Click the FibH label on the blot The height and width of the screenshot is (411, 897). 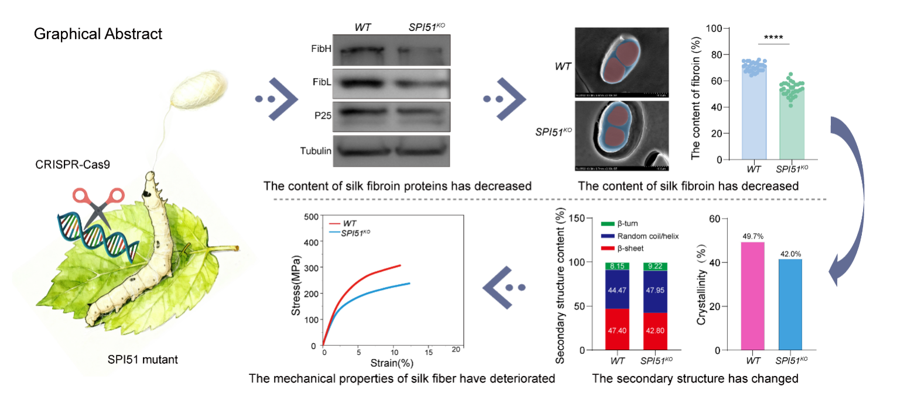[x=321, y=49]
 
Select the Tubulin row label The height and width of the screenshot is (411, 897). [x=316, y=151]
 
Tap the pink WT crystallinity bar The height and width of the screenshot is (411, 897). [x=752, y=296]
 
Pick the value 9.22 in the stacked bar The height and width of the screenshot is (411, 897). [x=655, y=267]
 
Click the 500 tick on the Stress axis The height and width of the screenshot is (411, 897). [x=310, y=216]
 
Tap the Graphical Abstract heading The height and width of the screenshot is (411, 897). [x=98, y=34]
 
